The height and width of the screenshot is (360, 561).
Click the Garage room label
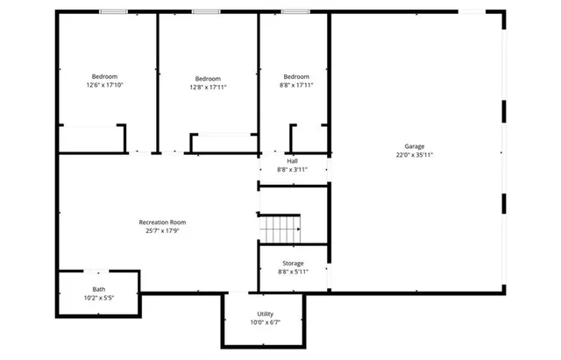pyautogui.click(x=414, y=146)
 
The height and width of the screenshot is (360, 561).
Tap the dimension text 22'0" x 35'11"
pyautogui.click(x=414, y=155)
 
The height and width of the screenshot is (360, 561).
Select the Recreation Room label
pyautogui.click(x=162, y=222)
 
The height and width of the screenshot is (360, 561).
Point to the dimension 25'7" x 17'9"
pyautogui.click(x=162, y=231)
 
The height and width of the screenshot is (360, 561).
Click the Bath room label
pyautogui.click(x=99, y=289)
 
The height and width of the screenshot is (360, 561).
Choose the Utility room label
pyautogui.click(x=265, y=314)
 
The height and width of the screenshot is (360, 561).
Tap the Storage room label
pyautogui.click(x=293, y=264)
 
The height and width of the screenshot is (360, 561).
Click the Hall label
pyautogui.click(x=293, y=160)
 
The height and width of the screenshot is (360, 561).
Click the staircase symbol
pyautogui.click(x=280, y=229)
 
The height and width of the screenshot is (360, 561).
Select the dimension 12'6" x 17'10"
pyautogui.click(x=104, y=86)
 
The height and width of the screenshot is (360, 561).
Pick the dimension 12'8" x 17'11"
pyautogui.click(x=208, y=87)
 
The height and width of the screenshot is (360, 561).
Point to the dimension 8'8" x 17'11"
pyautogui.click(x=295, y=86)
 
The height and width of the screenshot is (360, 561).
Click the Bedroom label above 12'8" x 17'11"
pyautogui.click(x=208, y=78)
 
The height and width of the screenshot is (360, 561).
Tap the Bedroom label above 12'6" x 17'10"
pyautogui.click(x=104, y=77)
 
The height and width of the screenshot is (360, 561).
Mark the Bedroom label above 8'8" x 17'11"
pyautogui.click(x=295, y=77)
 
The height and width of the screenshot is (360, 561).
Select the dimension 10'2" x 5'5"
pyautogui.click(x=99, y=298)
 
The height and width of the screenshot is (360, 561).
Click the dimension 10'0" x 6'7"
pyautogui.click(x=265, y=322)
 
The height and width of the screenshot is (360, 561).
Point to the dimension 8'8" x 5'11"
pyautogui.click(x=293, y=272)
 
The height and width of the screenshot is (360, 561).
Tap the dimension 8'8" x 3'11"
pyautogui.click(x=293, y=169)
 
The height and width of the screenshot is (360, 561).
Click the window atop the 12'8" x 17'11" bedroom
pyautogui.click(x=206, y=11)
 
